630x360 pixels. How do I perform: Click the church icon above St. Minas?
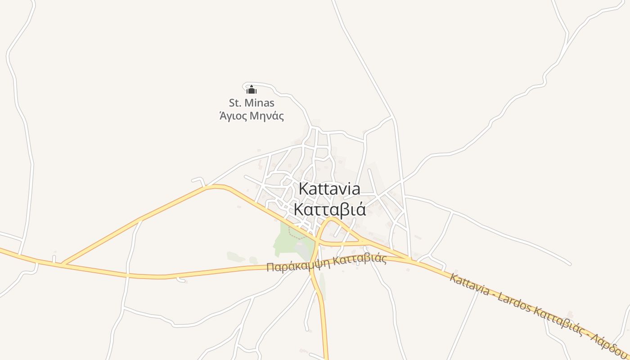point(251,90)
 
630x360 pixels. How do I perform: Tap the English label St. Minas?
point(252,103)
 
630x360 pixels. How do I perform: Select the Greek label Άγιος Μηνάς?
point(252,116)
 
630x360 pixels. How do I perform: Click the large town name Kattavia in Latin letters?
point(329,189)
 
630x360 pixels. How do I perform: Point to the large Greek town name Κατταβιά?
point(329,209)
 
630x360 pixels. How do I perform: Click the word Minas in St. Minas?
point(261,103)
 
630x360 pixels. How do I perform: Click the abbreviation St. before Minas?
point(236,103)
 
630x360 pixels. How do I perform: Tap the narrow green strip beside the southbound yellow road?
point(322,288)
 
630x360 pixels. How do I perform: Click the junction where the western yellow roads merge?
point(63,263)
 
